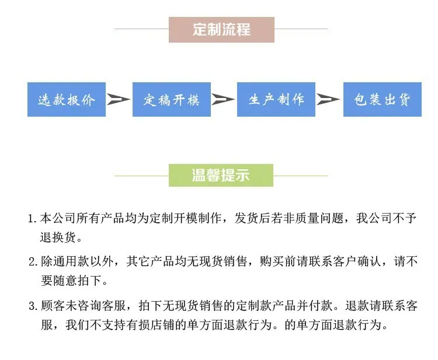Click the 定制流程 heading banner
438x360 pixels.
click(221, 30)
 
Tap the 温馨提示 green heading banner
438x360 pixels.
click(221, 174)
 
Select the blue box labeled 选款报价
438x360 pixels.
click(67, 100)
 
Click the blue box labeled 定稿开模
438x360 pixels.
click(171, 100)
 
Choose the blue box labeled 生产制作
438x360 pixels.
click(276, 100)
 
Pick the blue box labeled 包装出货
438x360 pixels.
click(382, 100)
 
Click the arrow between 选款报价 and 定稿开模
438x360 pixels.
click(119, 100)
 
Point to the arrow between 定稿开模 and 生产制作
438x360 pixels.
click(223, 100)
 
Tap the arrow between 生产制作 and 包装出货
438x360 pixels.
click(329, 100)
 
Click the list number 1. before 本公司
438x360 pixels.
click(33, 220)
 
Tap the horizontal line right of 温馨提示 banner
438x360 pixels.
click(300, 175)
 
